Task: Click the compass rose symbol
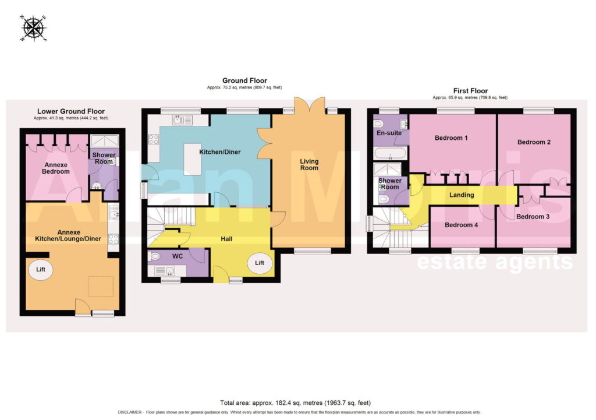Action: tap(33, 28)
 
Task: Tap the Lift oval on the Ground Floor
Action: tap(260, 263)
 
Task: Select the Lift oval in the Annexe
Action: tap(41, 270)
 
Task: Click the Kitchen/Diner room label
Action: tap(220, 152)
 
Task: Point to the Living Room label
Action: tap(309, 164)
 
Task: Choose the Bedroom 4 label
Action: tap(461, 225)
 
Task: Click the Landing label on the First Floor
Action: tap(462, 195)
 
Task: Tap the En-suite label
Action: tap(389, 133)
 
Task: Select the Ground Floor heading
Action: tap(244, 80)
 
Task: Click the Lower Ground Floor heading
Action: tap(70, 111)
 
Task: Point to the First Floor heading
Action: tap(470, 91)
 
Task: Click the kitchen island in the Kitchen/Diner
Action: tap(192, 159)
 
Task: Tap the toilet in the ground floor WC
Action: tap(155, 256)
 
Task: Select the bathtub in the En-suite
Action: tap(391, 154)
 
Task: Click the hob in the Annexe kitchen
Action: tap(113, 239)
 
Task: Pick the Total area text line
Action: tap(295, 403)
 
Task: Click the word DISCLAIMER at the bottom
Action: tap(130, 412)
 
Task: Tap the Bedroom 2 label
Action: tap(534, 142)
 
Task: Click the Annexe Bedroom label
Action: tap(56, 168)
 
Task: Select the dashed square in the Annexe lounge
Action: tap(101, 287)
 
